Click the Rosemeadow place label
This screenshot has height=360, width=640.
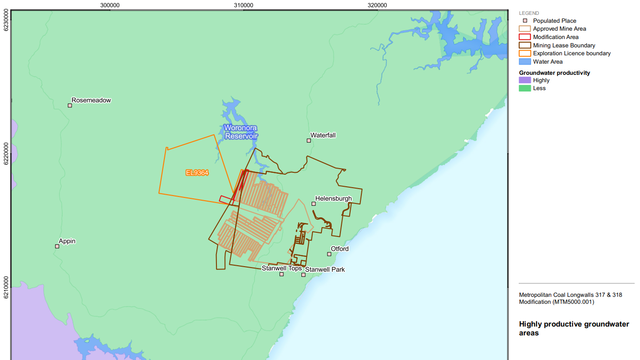(x=91, y=100)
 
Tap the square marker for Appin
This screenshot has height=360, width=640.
(x=57, y=246)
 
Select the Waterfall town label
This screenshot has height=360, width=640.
(x=323, y=135)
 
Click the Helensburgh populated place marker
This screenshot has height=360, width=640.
(x=313, y=203)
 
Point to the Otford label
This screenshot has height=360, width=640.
(x=340, y=249)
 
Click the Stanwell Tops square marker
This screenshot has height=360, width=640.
(x=281, y=274)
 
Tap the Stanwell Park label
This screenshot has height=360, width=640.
(x=325, y=269)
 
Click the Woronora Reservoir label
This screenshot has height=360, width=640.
(x=241, y=132)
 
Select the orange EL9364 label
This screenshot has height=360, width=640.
(x=197, y=173)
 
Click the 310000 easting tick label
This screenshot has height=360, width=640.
(x=243, y=5)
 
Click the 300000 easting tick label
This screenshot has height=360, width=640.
(x=110, y=5)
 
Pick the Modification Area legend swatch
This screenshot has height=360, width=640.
(x=524, y=37)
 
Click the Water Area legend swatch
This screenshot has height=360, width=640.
(x=524, y=62)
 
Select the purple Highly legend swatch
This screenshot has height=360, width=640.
(x=524, y=80)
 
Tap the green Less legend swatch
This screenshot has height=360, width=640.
(x=524, y=88)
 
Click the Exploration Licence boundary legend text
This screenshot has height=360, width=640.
(x=572, y=53)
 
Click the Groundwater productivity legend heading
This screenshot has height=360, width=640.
(x=555, y=73)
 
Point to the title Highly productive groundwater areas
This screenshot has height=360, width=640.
(x=574, y=328)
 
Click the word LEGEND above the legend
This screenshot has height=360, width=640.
(x=529, y=13)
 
